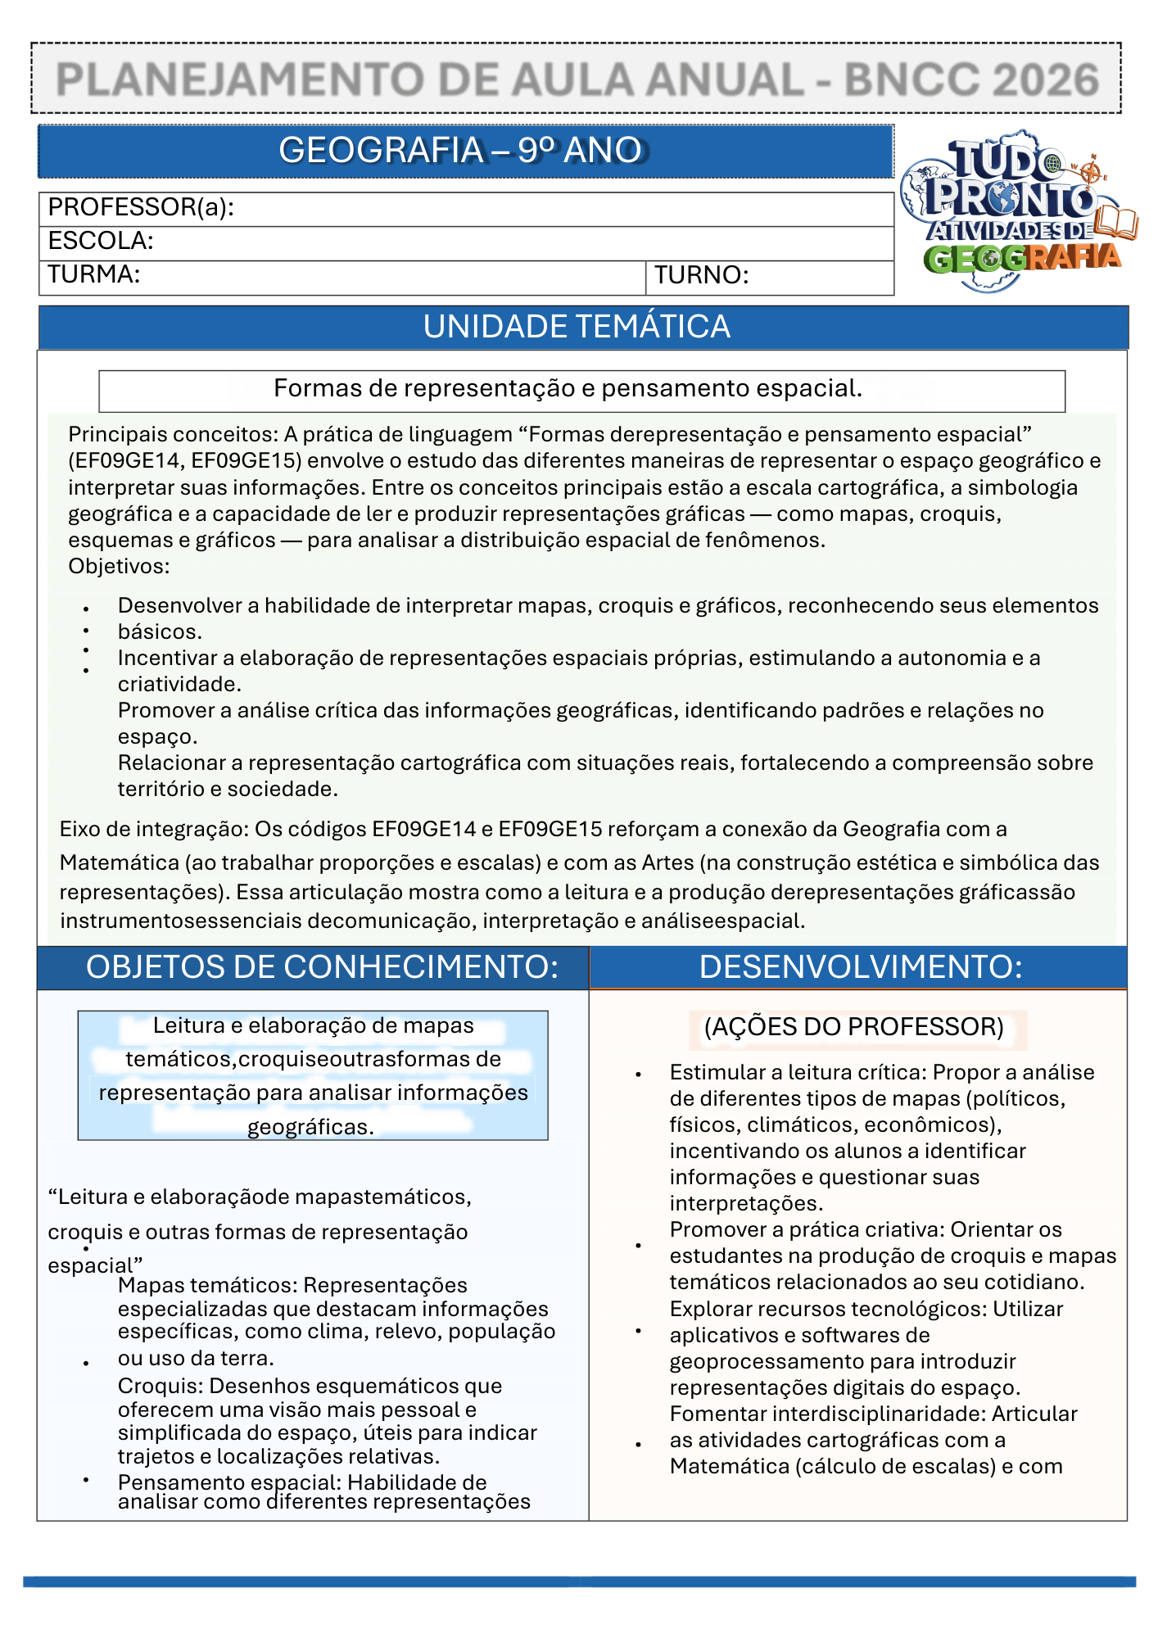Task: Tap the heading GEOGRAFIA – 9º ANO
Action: [x=460, y=151]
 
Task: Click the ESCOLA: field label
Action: [x=101, y=241]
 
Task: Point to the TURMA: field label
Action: [x=93, y=274]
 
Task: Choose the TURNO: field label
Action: [x=702, y=275]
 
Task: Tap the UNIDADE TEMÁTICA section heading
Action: [x=577, y=327]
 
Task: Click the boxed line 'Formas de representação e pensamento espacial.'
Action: [x=568, y=388]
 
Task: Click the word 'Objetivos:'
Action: [x=119, y=566]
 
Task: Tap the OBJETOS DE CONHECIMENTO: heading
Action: [x=322, y=967]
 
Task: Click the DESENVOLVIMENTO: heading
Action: [x=860, y=967]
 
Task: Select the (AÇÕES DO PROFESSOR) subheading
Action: [x=853, y=1027]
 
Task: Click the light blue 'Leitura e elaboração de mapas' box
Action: [x=313, y=1075]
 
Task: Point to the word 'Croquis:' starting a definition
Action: [x=161, y=1386]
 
